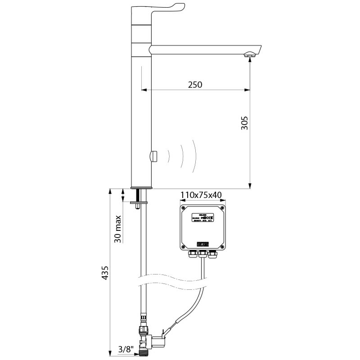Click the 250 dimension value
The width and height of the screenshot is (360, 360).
point(195,85)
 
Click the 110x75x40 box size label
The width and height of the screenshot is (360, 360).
point(201,195)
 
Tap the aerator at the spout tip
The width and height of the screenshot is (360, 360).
point(250,56)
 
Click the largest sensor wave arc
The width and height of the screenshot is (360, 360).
point(193,156)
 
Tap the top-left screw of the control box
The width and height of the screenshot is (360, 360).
point(183,208)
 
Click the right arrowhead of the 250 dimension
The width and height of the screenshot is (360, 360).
point(247,90)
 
